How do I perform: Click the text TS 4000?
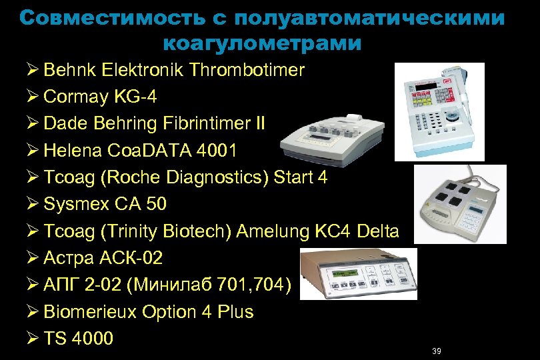(x=78, y=339)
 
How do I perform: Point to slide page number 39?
(x=437, y=351)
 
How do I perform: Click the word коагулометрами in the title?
(x=262, y=44)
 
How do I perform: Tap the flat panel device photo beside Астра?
(x=356, y=275)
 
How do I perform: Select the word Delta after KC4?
(x=378, y=231)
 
